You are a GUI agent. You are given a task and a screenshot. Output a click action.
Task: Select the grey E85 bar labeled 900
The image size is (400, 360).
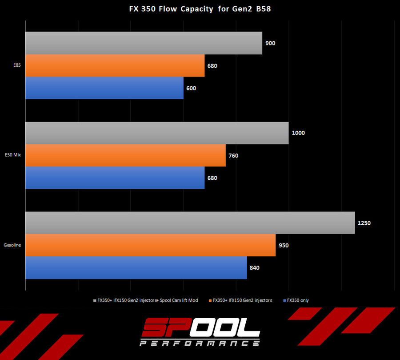pos(144,43)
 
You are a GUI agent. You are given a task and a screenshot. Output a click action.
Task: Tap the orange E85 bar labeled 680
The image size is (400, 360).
pos(115,65)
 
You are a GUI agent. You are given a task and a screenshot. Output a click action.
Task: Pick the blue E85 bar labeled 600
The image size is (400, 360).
pos(104,88)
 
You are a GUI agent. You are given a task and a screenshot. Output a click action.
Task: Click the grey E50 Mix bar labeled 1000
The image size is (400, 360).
pos(157,133)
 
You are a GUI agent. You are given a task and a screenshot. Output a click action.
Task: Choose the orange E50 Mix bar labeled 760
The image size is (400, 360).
pos(125,155)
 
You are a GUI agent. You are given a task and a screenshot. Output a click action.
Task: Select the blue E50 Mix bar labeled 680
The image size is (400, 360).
pos(115,178)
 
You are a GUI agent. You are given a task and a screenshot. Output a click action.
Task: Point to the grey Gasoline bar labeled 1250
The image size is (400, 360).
pos(190,222)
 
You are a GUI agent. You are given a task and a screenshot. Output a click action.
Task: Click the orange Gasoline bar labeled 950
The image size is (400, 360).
pos(150,245)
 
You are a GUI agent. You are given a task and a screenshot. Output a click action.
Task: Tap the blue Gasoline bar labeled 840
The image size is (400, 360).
pos(136,268)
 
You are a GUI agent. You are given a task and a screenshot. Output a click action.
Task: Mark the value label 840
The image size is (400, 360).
pos(254,268)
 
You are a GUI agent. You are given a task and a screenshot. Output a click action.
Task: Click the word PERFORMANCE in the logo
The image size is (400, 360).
pos(200,343)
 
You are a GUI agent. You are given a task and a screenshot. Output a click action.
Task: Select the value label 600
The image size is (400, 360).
pos(191,88)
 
